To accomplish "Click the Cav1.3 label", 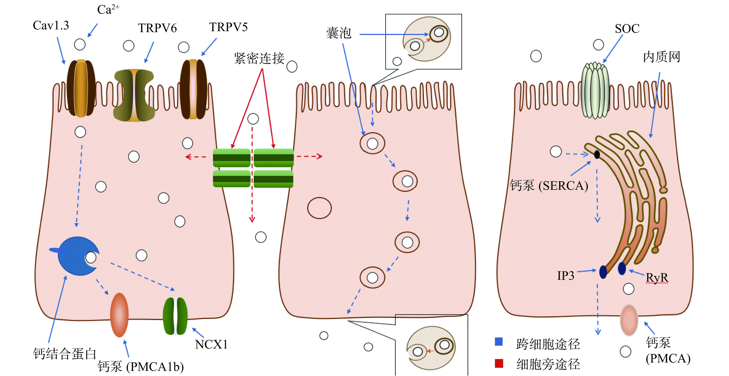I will pyautogui.click(x=51, y=25).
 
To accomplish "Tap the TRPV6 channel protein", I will pyautogui.click(x=134, y=95).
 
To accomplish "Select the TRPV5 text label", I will pyautogui.click(x=228, y=27).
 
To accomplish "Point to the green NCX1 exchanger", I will pyautogui.click(x=175, y=316).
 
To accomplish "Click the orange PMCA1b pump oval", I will pyautogui.click(x=119, y=315).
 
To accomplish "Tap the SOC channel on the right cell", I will pyautogui.click(x=595, y=91).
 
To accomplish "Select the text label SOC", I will pyautogui.click(x=627, y=29).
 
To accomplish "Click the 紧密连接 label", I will pyautogui.click(x=259, y=58).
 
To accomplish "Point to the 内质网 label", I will pyautogui.click(x=662, y=57).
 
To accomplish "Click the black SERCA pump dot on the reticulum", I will pyautogui.click(x=597, y=155).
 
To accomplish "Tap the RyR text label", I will pyautogui.click(x=657, y=277).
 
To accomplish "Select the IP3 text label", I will pyautogui.click(x=566, y=276).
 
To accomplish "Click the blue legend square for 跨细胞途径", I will pyautogui.click(x=499, y=342).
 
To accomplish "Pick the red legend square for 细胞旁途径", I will pyautogui.click(x=499, y=363).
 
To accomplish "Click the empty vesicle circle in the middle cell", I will pyautogui.click(x=319, y=208).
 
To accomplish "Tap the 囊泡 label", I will pyautogui.click(x=338, y=33).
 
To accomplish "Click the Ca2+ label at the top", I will pyautogui.click(x=108, y=10).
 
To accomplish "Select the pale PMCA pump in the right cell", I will pyautogui.click(x=629, y=320).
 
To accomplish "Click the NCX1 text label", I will pyautogui.click(x=211, y=344).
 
